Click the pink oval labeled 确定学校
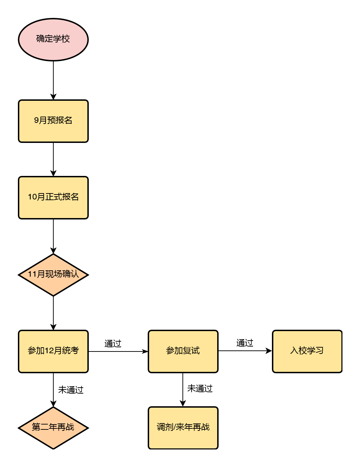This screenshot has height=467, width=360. click(x=53, y=39)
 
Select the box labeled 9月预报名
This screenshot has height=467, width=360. click(x=53, y=121)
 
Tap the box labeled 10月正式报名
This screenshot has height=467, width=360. click(x=53, y=198)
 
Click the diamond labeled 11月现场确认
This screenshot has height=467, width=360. click(x=53, y=275)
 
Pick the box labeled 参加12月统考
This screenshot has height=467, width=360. click(x=53, y=351)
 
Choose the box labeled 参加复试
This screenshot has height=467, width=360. click(x=183, y=351)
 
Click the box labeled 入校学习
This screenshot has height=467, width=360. click(x=307, y=351)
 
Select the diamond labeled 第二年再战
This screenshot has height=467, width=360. click(x=53, y=428)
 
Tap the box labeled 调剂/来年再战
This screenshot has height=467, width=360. click(x=183, y=428)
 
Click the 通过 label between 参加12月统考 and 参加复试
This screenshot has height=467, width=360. click(x=113, y=343)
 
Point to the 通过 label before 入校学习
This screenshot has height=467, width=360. click(x=245, y=343)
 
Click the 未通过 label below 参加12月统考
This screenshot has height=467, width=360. click(x=71, y=390)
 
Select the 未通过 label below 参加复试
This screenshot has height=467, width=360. click(x=200, y=388)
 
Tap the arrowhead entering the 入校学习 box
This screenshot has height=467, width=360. click(x=269, y=351)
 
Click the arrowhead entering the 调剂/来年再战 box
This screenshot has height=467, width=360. click(x=183, y=403)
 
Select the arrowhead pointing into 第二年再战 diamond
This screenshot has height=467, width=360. click(x=53, y=403)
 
